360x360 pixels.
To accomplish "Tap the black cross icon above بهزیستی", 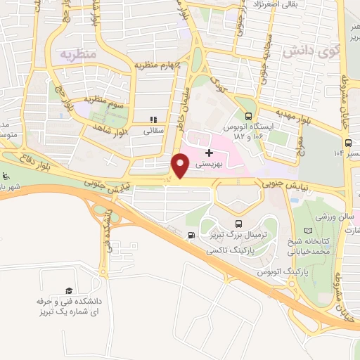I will (x=209, y=152).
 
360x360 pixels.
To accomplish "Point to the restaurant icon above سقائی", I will (x=153, y=120).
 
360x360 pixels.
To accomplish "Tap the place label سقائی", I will (x=153, y=130).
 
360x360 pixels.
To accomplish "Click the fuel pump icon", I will (x=192, y=236).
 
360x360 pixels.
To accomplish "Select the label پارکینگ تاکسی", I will (x=236, y=250).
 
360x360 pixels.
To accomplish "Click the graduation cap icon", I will (x=69, y=290).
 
